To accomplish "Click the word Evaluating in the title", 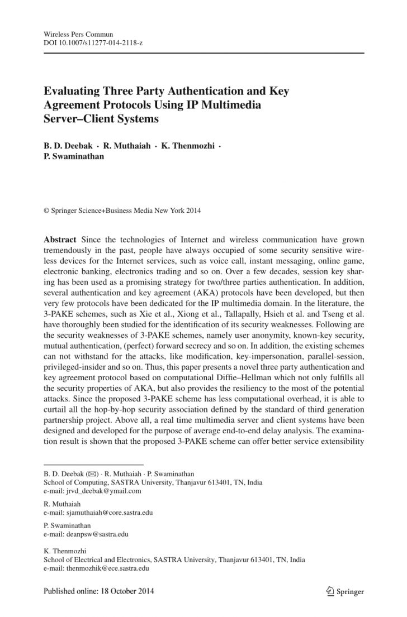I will [72, 90].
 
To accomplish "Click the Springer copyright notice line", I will [122, 211].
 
